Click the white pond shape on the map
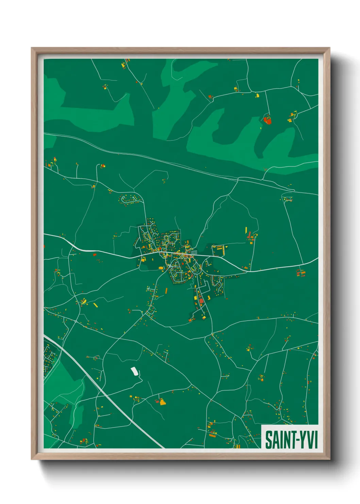pyautogui.click(x=135, y=371)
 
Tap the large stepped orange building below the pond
pyautogui.click(x=163, y=402)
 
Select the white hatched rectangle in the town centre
pyautogui.click(x=194, y=252)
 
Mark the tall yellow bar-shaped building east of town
pyautogui.click(x=246, y=230)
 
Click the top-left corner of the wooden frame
pyautogui.click(x=32, y=48)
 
